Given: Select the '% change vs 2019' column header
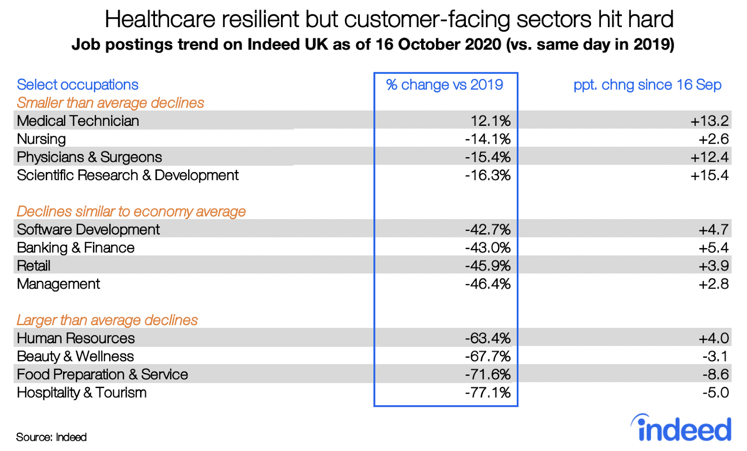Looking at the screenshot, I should coord(444,85).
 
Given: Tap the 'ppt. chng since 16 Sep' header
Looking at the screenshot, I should coord(647,85).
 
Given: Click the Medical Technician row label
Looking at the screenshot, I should coord(78,121).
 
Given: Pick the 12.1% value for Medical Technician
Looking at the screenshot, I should coord(490,121).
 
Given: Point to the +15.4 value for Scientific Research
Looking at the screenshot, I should coord(709,175).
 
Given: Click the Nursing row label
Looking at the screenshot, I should coord(42,139).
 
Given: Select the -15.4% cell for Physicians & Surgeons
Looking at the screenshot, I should coord(487,157).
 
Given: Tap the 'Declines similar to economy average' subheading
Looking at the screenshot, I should coord(131,211).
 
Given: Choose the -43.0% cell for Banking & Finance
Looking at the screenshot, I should coord(487,248).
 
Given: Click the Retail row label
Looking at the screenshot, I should coord(34,266).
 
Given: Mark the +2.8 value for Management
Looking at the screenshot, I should coord(713,284).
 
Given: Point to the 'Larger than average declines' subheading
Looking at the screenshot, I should coord(107,320).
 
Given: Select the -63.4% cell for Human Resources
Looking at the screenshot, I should coord(487,338).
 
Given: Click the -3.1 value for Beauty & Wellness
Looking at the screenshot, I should coord(715,356).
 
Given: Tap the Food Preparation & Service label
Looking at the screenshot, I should coord(102,375).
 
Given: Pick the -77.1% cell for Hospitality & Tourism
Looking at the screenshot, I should coord(487,393).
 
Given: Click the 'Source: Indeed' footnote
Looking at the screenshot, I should coord(51,437).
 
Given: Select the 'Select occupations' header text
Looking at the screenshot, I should coord(78,85).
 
